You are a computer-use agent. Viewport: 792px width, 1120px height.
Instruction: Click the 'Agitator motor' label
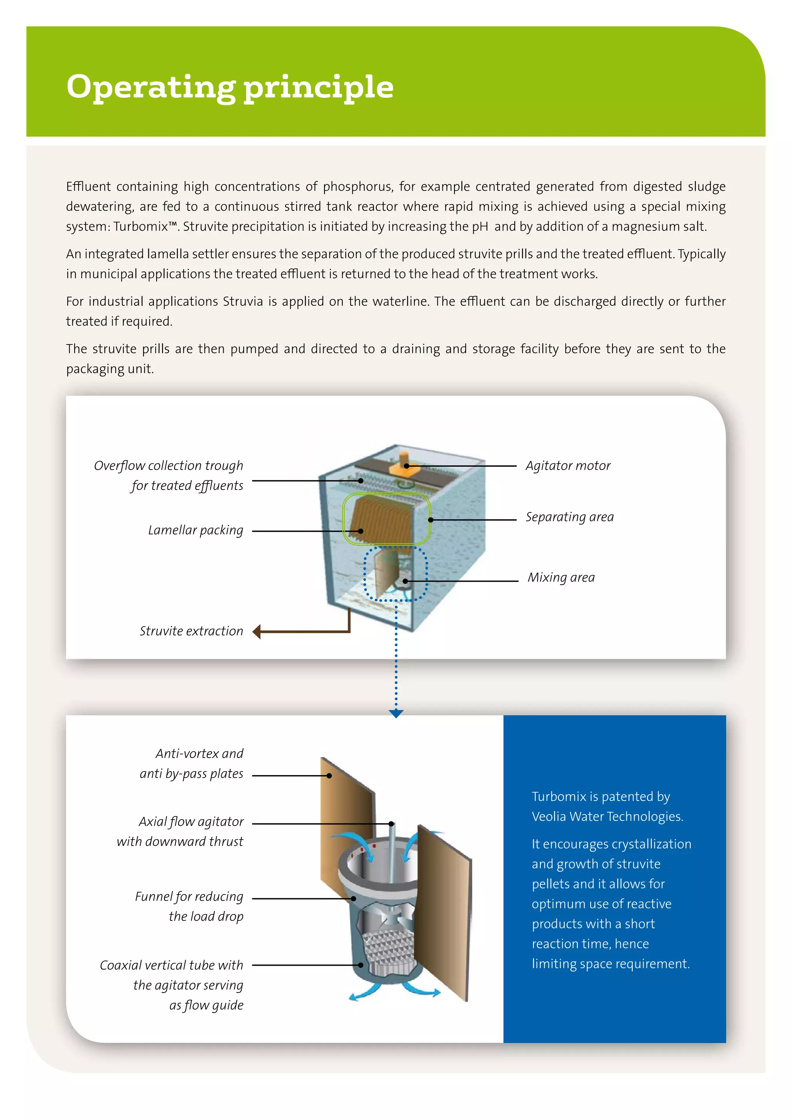coord(568,466)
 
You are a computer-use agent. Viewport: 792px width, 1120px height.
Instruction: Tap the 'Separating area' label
coord(570,517)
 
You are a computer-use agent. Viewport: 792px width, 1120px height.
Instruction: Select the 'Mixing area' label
coord(561,577)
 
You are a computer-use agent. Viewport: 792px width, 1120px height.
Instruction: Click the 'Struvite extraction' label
coord(191,631)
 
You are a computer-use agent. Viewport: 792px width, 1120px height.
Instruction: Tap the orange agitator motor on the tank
coord(403,463)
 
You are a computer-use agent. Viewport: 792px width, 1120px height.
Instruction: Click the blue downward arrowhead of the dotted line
coord(396,714)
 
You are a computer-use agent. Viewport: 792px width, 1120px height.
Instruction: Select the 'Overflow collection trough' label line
coord(168,466)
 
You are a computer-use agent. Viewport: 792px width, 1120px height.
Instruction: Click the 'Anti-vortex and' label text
coord(200,754)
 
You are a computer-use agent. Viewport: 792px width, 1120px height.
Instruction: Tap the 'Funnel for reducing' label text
coord(189,896)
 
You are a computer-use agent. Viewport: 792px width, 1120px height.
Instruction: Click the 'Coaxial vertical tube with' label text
coord(172,965)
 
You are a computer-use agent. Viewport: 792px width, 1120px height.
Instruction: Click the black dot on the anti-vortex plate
coord(329,776)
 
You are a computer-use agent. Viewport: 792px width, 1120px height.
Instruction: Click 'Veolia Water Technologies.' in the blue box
coord(607,816)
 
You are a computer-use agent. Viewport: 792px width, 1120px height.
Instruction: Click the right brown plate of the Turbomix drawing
coord(444,917)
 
